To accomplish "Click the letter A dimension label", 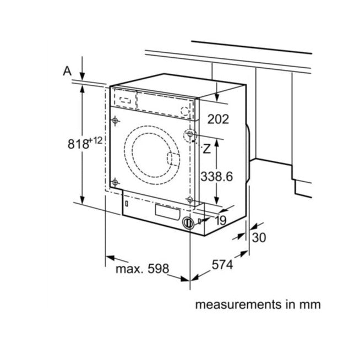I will [x=67, y=70].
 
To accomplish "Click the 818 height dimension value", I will [x=78, y=144].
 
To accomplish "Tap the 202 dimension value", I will [x=217, y=119].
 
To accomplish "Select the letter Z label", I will [x=206, y=148].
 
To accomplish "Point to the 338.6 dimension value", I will [x=217, y=176].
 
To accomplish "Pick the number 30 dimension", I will [x=259, y=238].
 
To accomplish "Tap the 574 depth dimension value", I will [x=223, y=265].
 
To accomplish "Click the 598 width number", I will [x=156, y=269].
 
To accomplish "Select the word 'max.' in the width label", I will [x=129, y=269].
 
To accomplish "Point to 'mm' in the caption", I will [x=309, y=304].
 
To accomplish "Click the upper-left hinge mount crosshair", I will [x=115, y=121].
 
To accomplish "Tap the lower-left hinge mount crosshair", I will [x=115, y=182].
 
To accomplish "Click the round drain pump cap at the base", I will [x=188, y=223].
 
